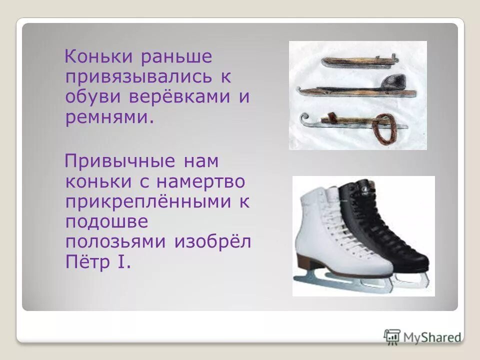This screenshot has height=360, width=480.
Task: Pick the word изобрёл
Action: [x=212, y=241]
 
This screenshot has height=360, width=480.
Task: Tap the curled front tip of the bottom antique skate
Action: [x=305, y=119]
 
